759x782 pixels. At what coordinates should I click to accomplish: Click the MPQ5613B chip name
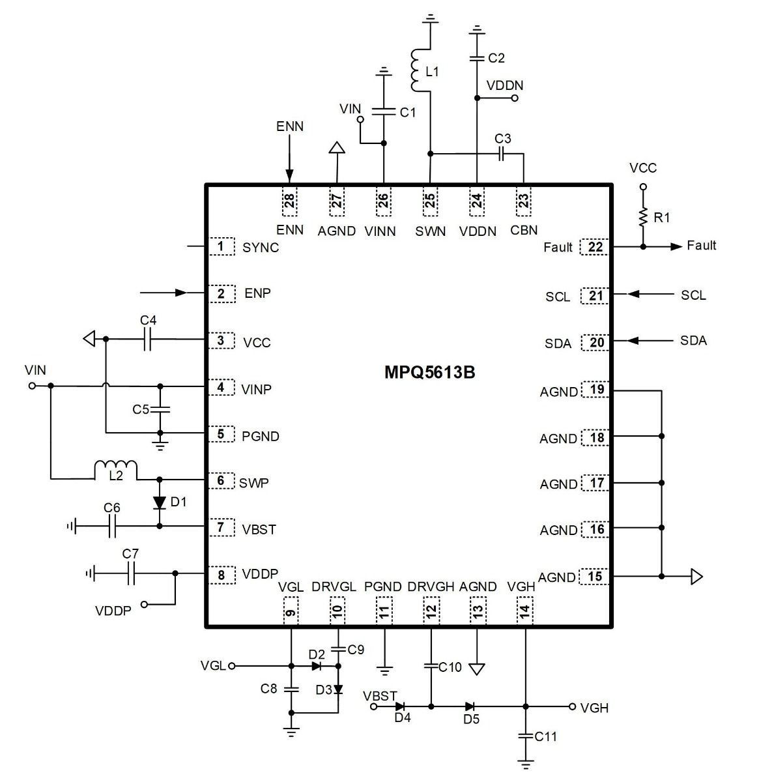click(x=429, y=372)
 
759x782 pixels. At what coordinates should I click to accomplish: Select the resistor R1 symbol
click(x=643, y=218)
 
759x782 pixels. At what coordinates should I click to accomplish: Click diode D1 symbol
click(x=160, y=502)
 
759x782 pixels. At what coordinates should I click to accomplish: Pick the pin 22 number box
click(x=595, y=247)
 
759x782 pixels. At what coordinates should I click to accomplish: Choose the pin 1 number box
click(x=222, y=246)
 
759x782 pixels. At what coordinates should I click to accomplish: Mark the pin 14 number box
click(x=524, y=611)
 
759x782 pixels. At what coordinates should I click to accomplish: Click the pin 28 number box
click(x=290, y=201)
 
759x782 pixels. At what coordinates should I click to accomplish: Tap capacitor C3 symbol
click(x=500, y=153)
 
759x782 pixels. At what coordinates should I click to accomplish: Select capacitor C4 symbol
click(x=147, y=339)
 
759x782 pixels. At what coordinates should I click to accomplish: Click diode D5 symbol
click(x=470, y=706)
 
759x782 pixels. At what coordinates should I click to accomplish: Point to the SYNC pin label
click(x=261, y=248)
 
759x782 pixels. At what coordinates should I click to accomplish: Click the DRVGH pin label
click(x=431, y=586)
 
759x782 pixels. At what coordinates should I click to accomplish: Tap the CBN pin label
click(x=524, y=230)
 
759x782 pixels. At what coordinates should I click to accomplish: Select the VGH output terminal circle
click(x=572, y=706)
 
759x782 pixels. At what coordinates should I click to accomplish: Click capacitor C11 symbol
click(x=526, y=736)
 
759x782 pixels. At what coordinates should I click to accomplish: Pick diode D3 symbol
click(x=338, y=689)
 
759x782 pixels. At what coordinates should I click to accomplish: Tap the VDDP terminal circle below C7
click(x=144, y=604)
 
